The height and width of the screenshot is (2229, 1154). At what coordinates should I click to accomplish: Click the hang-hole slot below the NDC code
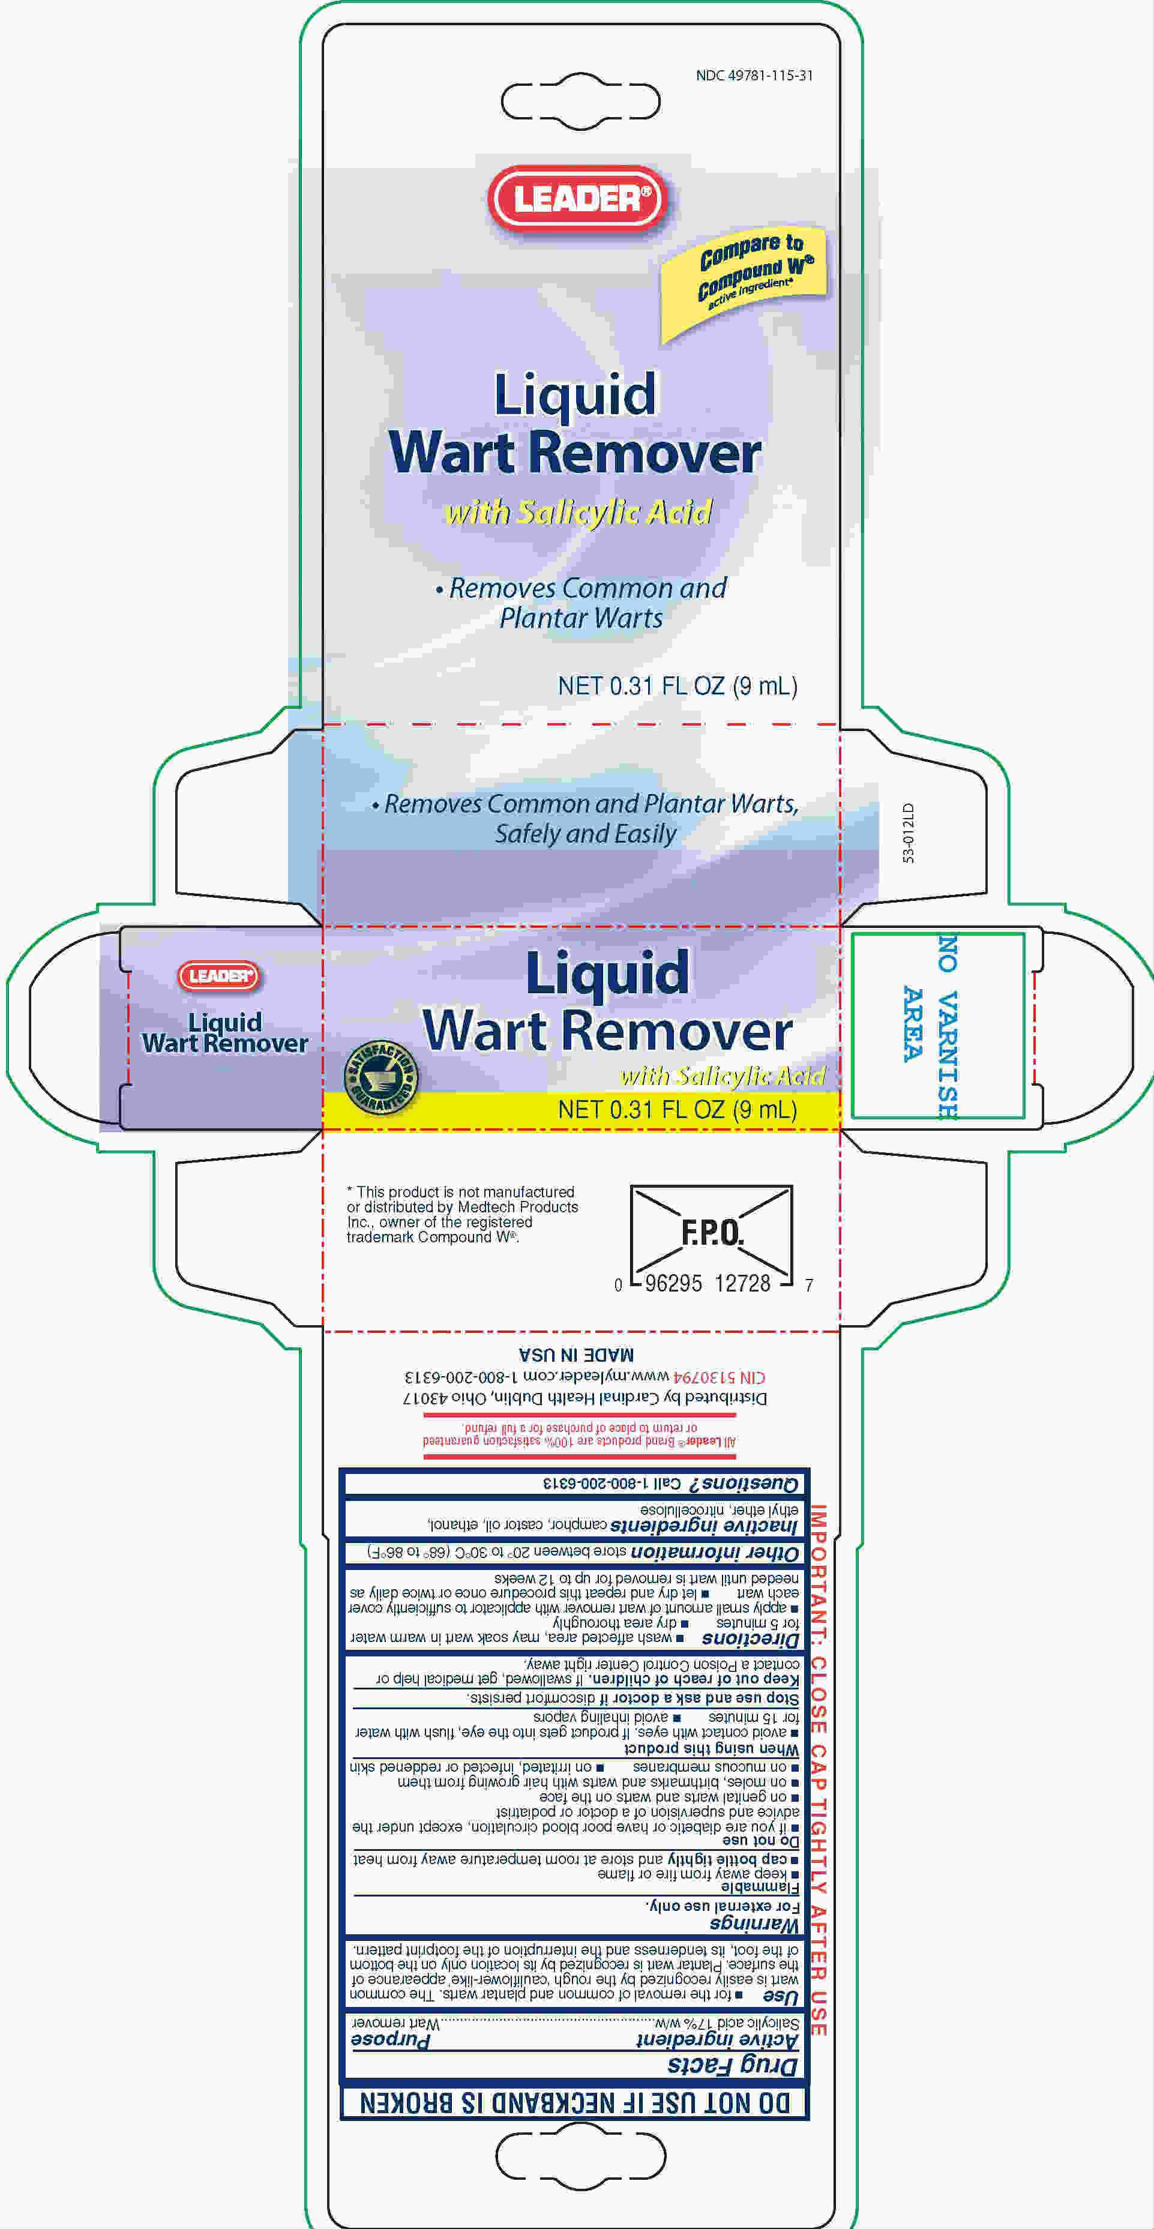coord(580,102)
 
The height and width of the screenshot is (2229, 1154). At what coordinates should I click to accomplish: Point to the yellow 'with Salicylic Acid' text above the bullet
coord(578,513)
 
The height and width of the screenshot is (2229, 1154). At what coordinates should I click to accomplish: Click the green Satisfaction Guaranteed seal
coord(382,1077)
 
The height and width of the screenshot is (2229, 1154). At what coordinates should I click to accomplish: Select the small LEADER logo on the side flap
coord(219,976)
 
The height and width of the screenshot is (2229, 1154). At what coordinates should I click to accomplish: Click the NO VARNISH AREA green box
coord(938,1025)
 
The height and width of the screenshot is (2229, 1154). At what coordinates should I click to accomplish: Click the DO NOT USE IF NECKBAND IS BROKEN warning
coord(575,2104)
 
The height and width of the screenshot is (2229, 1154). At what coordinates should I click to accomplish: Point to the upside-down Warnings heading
coord(754,1924)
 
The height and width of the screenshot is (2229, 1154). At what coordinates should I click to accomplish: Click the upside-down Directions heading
coord(750,1639)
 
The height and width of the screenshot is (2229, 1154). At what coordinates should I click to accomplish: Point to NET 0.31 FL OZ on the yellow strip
coord(678,1109)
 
